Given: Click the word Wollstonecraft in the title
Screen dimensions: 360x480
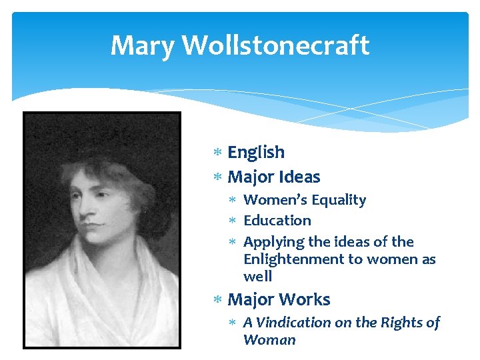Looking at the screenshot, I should [x=275, y=46].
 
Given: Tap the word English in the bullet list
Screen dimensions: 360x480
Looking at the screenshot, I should [x=256, y=153].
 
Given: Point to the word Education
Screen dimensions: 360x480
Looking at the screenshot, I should [x=277, y=221].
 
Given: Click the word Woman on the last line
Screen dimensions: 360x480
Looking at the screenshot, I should [x=269, y=340].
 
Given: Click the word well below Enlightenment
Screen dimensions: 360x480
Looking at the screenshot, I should [x=258, y=276].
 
